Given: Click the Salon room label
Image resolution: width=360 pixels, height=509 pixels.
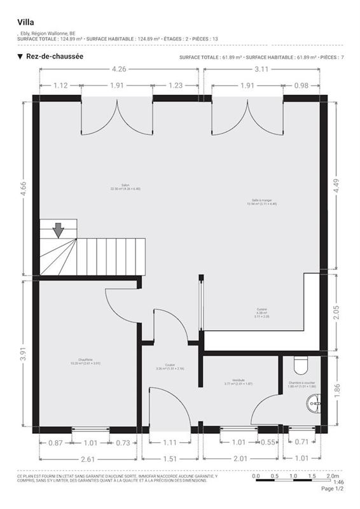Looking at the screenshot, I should click(116, 187).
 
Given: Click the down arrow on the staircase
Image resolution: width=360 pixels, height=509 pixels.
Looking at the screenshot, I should click(59, 230).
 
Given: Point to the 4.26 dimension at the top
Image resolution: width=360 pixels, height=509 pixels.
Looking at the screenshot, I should click(118, 69).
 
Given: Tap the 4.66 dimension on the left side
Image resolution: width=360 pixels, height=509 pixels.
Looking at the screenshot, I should click(23, 190).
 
